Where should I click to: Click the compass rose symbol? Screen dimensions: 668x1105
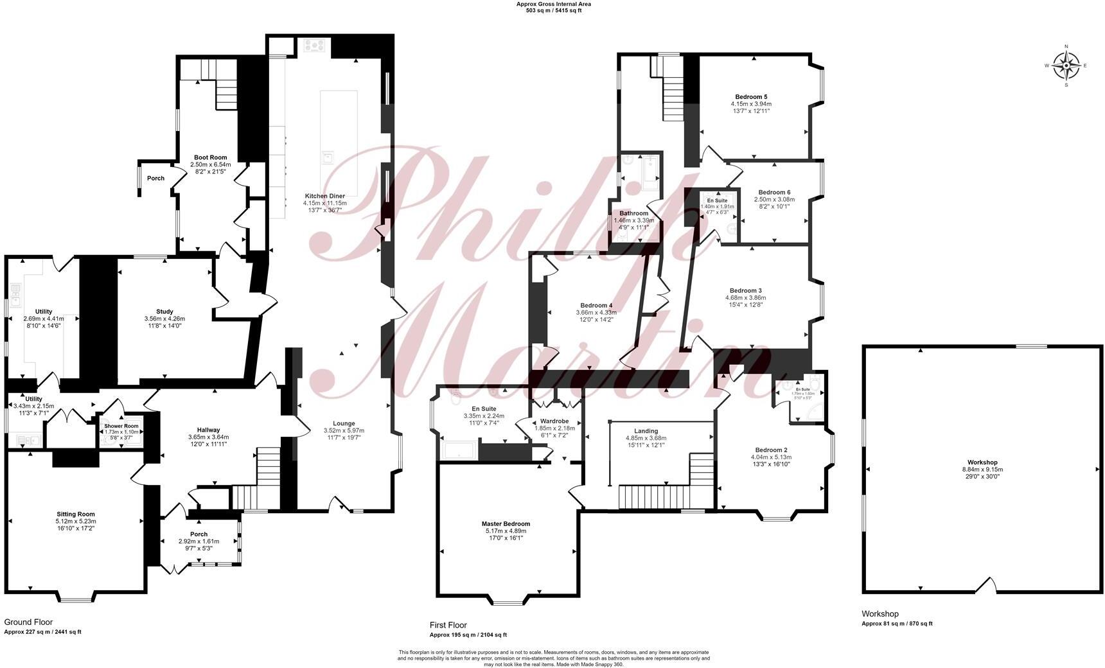(x=1066, y=66)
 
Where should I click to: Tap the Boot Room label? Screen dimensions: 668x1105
(x=210, y=157)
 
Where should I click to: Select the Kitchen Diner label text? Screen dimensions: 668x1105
(x=324, y=196)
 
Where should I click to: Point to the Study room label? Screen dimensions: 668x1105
(x=164, y=312)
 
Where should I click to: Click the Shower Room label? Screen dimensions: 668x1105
(x=122, y=426)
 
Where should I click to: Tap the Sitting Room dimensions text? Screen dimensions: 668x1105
(x=76, y=525)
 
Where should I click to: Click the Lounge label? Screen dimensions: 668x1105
(x=344, y=423)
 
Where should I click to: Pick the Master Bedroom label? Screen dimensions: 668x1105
(x=506, y=523)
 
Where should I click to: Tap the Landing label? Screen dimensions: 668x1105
(x=646, y=431)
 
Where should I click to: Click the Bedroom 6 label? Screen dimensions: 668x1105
(x=774, y=192)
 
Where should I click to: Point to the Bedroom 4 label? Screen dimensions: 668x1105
(x=596, y=305)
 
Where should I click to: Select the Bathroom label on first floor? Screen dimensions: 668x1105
(x=633, y=213)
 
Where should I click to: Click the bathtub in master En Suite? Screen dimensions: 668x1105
(x=459, y=451)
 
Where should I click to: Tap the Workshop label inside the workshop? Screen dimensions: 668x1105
(x=982, y=462)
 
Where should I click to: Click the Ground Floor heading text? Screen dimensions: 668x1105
(x=28, y=622)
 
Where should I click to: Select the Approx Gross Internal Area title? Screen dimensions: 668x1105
(x=553, y=4)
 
